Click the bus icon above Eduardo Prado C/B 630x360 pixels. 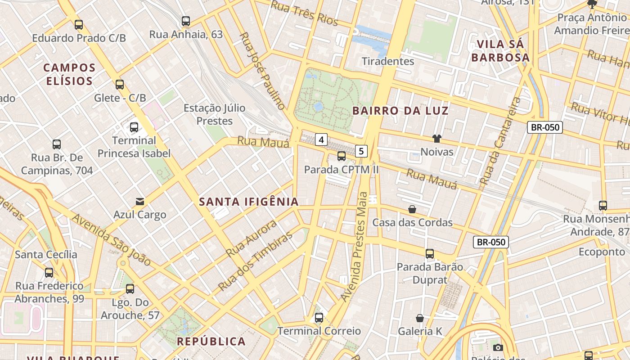click(x=79, y=24)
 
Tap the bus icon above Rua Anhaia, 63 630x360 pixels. click(x=186, y=21)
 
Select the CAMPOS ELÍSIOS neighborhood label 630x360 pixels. click(x=70, y=74)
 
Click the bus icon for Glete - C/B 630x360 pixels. click(x=120, y=84)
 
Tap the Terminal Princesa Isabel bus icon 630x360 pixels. click(x=134, y=127)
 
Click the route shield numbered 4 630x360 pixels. click(x=321, y=140)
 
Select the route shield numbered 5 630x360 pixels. click(x=361, y=151)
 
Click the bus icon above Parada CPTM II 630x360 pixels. click(x=342, y=156)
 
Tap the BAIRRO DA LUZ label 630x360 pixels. click(x=400, y=111)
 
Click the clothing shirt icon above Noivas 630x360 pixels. click(x=436, y=138)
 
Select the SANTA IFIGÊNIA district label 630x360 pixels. click(x=249, y=202)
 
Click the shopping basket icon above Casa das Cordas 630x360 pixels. click(x=412, y=209)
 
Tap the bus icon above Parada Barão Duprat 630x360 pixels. click(x=430, y=253)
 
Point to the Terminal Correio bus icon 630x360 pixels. click(x=319, y=318)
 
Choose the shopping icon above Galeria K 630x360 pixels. click(x=420, y=318)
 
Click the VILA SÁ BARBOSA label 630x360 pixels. click(x=500, y=51)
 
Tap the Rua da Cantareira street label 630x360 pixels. click(x=499, y=142)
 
